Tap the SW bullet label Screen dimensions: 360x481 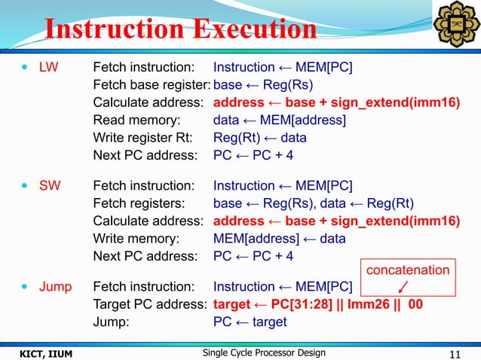(x=49, y=186)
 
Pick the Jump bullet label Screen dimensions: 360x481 (x=55, y=287)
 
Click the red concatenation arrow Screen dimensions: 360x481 (x=405, y=289)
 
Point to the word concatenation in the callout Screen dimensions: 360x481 (x=408, y=270)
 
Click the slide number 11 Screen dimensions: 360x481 (x=455, y=352)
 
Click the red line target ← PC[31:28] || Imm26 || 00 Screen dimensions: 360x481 (x=318, y=305)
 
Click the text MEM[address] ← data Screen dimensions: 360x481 (x=280, y=239)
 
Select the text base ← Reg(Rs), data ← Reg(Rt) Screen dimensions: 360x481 (x=314, y=203)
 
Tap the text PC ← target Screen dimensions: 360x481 (x=250, y=322)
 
